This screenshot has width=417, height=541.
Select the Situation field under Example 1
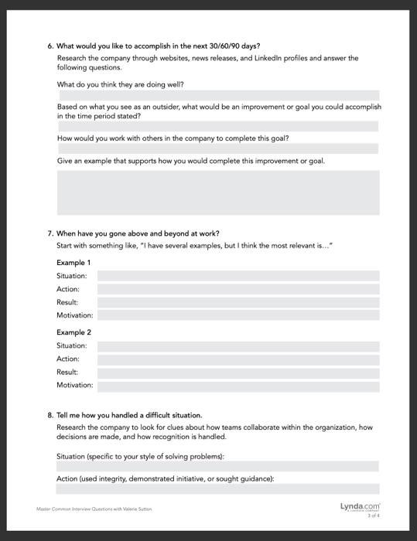tap(238, 276)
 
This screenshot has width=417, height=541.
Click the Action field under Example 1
tap(238, 289)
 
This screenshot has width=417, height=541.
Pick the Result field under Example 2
tap(238, 372)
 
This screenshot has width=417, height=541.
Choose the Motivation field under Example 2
tap(238, 385)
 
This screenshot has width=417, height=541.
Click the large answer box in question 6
tap(218, 192)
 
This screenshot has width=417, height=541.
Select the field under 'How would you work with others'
tap(218, 148)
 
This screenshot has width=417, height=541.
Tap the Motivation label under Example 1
tap(74, 315)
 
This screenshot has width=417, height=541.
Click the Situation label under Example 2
tap(72, 345)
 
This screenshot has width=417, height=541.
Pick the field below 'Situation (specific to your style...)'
tap(218, 466)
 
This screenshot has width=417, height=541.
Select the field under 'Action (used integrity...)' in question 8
tap(218, 488)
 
